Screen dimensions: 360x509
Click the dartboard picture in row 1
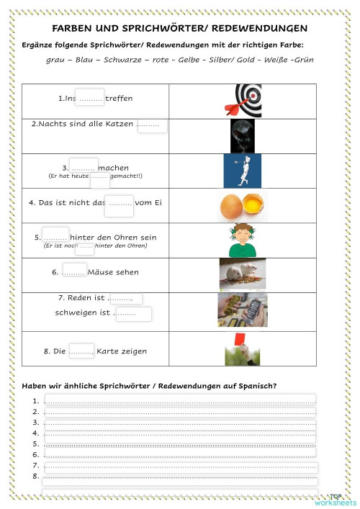pos(243,100)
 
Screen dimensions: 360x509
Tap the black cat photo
pos(243,135)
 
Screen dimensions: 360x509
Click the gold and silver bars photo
pos(243,310)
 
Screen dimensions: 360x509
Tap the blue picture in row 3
pos(243,171)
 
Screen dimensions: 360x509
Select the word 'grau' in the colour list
pos(54,60)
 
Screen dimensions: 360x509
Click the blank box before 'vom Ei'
pos(119,204)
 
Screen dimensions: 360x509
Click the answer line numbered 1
pos(180,400)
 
